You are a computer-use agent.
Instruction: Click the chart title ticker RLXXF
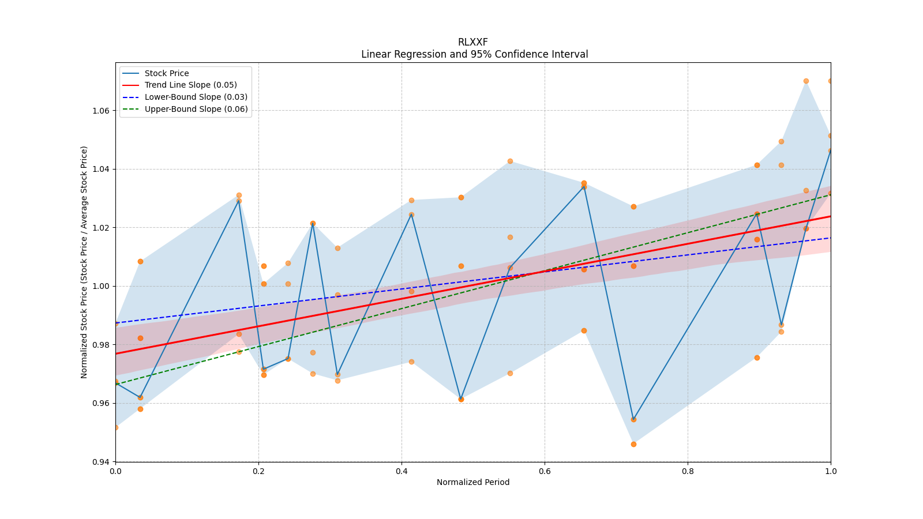click(472, 42)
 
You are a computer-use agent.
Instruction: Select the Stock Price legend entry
click(167, 73)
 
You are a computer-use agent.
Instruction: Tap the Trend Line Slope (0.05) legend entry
click(190, 85)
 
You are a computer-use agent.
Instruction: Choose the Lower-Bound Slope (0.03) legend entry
click(196, 97)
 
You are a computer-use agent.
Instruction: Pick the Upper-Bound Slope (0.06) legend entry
click(196, 109)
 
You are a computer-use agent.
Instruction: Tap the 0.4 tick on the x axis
click(402, 471)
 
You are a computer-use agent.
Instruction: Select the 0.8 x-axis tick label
click(688, 471)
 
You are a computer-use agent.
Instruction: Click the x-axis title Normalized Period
click(473, 482)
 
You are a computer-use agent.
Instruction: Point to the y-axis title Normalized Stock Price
click(84, 262)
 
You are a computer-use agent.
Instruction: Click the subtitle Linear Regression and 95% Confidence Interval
click(474, 54)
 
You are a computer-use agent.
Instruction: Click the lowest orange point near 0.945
click(633, 444)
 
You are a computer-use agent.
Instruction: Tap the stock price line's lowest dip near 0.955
click(633, 419)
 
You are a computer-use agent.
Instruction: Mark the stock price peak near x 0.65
click(584, 186)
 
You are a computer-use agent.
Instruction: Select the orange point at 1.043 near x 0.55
click(510, 161)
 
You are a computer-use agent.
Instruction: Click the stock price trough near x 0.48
click(461, 399)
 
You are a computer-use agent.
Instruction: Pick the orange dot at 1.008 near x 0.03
click(140, 261)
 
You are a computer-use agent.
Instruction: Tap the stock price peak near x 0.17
click(239, 201)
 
